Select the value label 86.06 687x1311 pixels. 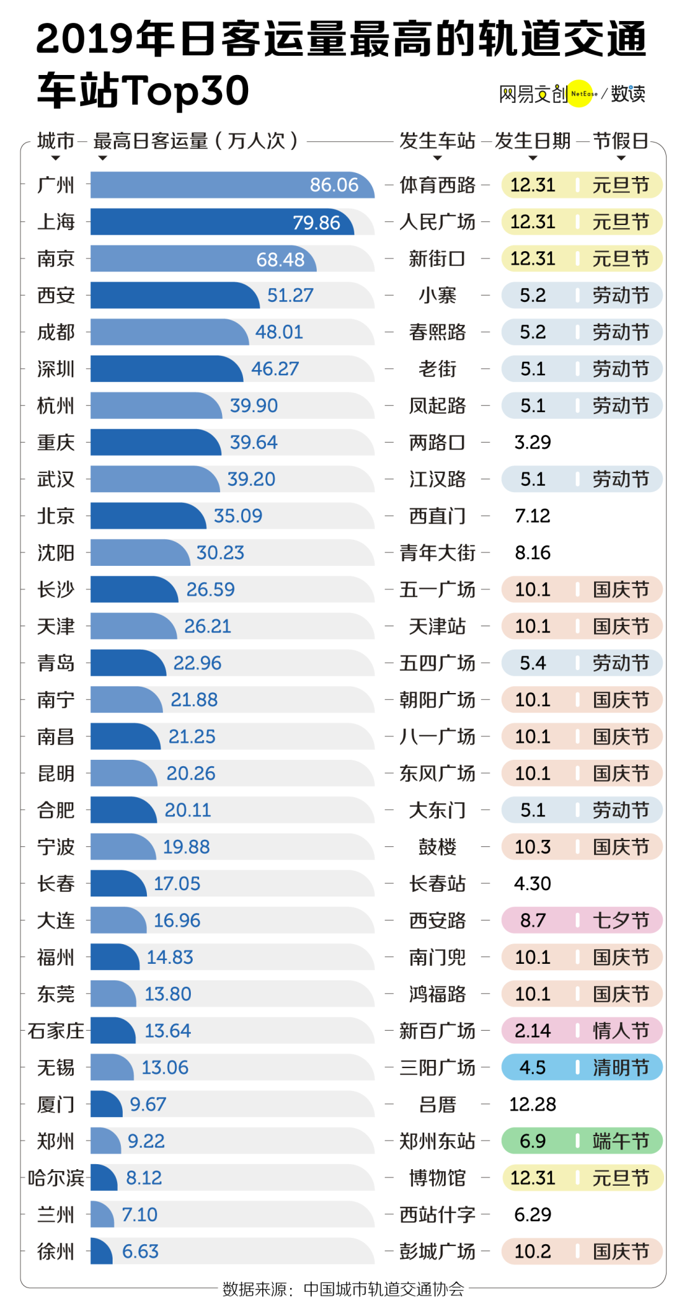coord(334,185)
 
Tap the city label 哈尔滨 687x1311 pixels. coord(56,1178)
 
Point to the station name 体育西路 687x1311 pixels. coord(437,185)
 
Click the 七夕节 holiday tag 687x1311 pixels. coord(621,921)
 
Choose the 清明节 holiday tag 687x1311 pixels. coord(621,1067)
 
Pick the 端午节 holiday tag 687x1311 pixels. coord(621,1141)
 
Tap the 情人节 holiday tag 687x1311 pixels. coord(621,1031)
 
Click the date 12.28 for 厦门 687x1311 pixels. coord(532,1104)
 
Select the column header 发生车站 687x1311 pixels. coord(437,141)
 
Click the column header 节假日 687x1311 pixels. coord(621,141)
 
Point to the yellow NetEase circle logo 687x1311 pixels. coord(580,93)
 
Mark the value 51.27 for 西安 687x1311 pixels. coord(290,296)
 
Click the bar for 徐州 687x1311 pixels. coord(101,1251)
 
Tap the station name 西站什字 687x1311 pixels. coord(437,1214)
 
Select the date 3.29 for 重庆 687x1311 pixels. coord(532,443)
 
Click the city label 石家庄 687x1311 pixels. coord(56,1031)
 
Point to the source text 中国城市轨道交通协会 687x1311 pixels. coord(384,1289)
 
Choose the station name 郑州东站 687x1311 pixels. coord(437,1141)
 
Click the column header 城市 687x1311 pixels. coord(56,141)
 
